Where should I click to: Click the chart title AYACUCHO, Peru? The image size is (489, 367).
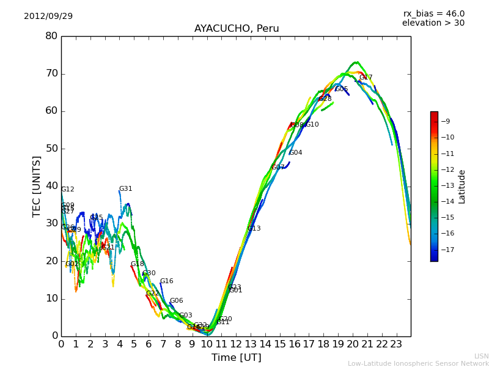237,29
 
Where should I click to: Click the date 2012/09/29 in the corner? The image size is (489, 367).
48,17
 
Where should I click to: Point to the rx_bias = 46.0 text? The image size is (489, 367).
433,14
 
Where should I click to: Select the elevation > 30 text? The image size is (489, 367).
433,23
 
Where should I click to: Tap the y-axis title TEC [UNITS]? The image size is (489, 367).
37,186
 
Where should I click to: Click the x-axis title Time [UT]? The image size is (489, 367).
236,358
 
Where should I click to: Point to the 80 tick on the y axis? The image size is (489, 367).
51,36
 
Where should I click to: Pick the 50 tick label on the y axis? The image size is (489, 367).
51,149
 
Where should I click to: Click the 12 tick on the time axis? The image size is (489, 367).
236,344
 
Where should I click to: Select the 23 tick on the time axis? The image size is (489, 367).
396,344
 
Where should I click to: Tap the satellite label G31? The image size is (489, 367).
125,189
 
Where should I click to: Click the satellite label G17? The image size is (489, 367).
366,78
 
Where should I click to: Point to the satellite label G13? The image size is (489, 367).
254,229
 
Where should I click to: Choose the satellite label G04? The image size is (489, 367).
295,153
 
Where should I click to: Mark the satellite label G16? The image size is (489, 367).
166,281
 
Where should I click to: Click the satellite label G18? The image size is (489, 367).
137,264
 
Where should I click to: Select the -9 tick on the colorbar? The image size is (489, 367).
446,122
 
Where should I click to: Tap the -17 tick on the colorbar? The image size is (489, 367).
446,250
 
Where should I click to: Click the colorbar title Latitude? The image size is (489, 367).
462,187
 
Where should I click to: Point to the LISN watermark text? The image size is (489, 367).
481,356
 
